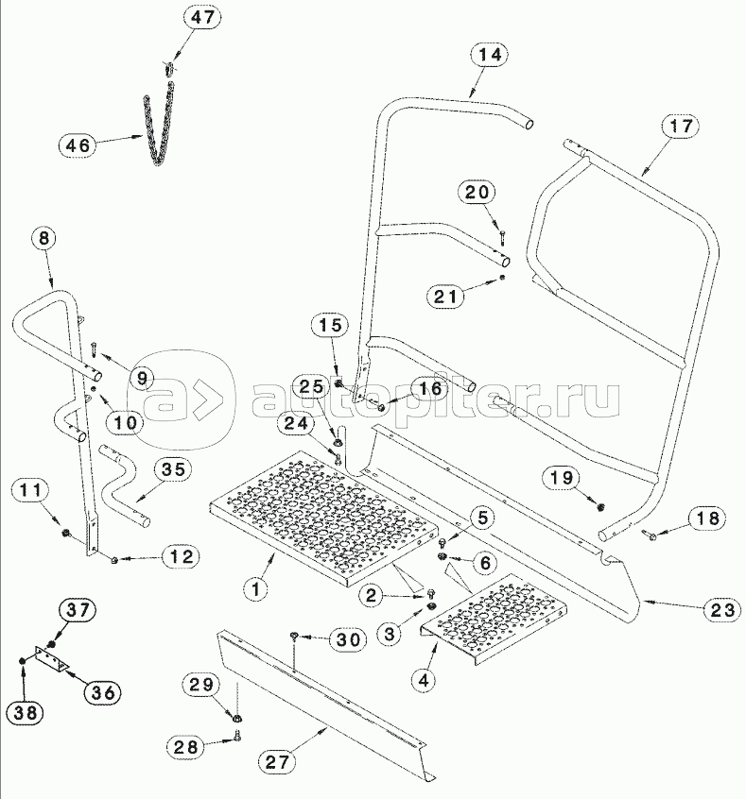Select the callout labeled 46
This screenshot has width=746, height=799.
[79, 144]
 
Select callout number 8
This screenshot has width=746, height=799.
[43, 238]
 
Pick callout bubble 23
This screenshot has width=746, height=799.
[721, 609]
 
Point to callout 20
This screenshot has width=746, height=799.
[477, 193]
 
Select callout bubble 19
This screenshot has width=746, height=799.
[563, 478]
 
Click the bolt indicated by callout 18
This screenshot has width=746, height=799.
[651, 535]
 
